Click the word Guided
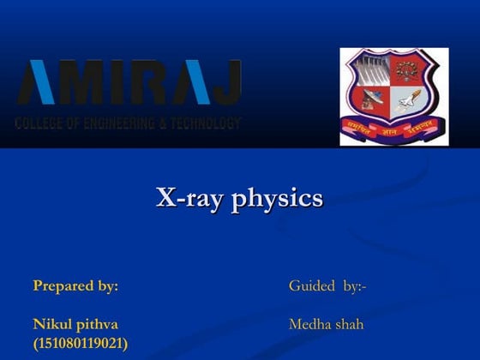pos(311,285)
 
